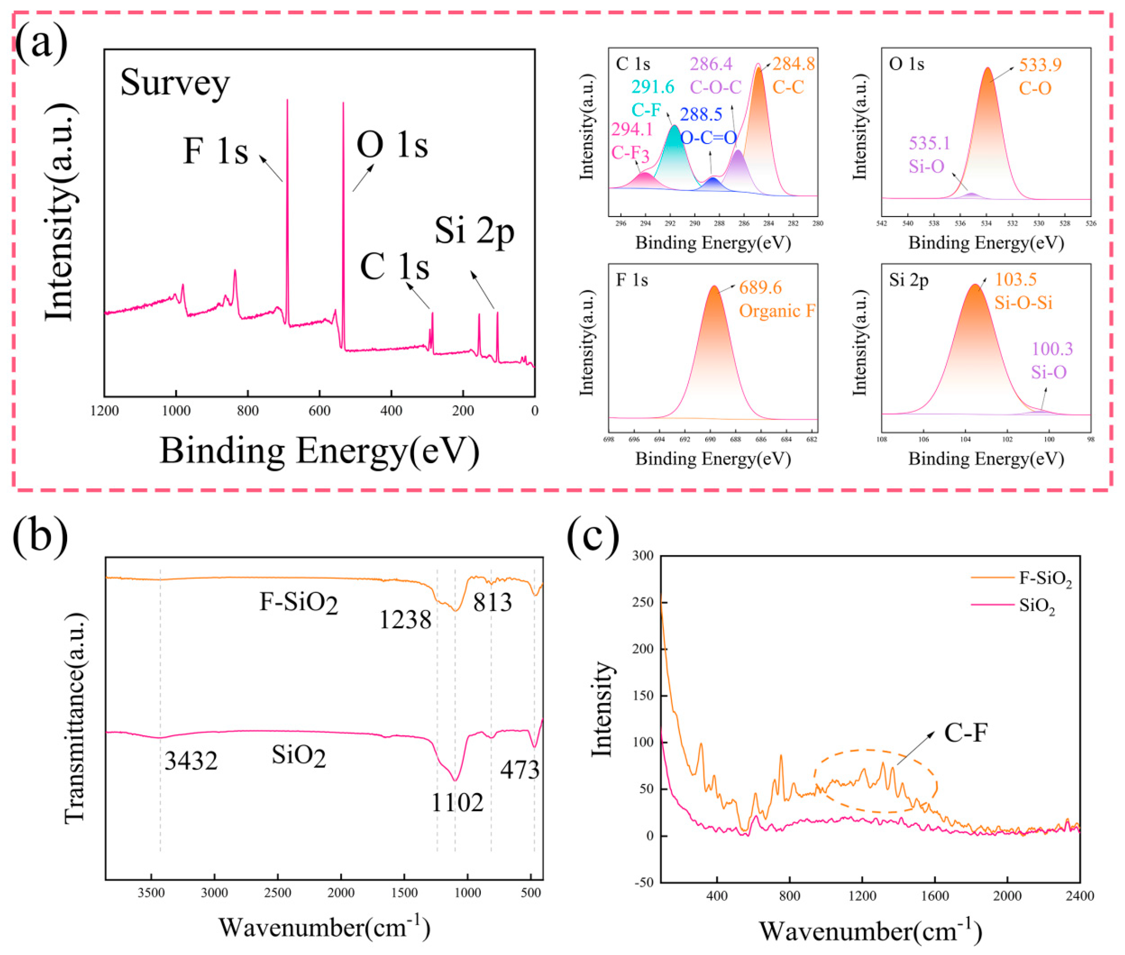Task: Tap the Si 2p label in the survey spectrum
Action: pyautogui.click(x=475, y=232)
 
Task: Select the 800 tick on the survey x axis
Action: pyautogui.click(x=248, y=410)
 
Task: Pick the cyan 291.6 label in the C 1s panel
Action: pyautogui.click(x=653, y=87)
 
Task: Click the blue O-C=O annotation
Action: pyautogui.click(x=709, y=137)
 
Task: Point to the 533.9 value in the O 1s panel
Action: pyautogui.click(x=1040, y=65)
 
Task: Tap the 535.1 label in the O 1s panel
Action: pyautogui.click(x=929, y=143)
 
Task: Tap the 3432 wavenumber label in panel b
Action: pyautogui.click(x=191, y=762)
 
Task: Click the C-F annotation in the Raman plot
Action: pyautogui.click(x=966, y=733)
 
